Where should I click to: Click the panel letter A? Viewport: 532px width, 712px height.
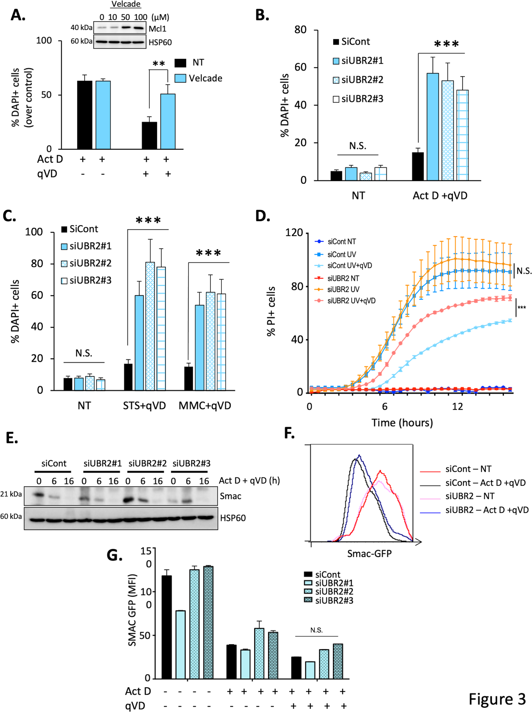pos(18,15)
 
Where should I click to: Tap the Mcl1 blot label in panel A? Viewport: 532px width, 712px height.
pos(157,29)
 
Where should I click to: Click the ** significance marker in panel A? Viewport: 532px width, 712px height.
pos(159,64)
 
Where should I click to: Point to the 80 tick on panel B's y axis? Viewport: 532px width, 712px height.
pos(300,30)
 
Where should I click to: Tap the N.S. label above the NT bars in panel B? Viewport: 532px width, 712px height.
pos(358,146)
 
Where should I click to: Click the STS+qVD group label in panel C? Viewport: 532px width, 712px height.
pos(144,406)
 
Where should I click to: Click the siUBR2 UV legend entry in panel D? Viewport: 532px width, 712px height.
pos(343,289)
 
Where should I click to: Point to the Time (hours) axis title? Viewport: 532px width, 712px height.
pos(402,422)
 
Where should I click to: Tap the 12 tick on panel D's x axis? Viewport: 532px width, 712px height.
pos(457,407)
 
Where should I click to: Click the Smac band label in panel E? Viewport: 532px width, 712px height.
pos(231,496)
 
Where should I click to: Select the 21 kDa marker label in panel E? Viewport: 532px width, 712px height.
pos(11,494)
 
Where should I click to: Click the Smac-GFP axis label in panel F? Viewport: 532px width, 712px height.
pos(369,554)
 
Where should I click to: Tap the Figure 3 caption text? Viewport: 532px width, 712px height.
pos(497,699)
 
